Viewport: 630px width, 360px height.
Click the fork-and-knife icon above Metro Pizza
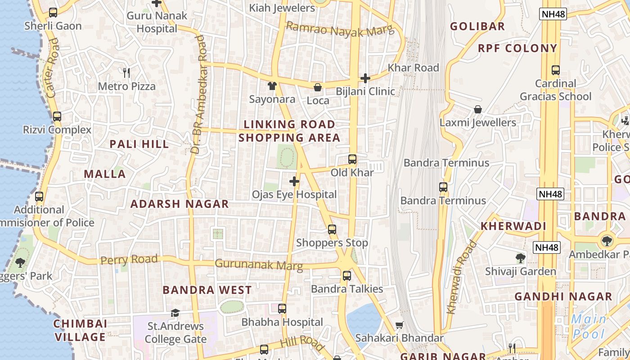[126, 72]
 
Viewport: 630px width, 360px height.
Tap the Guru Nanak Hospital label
[157, 22]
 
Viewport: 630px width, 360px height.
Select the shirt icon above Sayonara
[272, 85]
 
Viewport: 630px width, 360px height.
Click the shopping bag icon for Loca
[318, 87]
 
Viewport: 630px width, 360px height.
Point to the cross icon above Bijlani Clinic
[365, 78]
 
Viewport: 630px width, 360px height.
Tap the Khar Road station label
[413, 68]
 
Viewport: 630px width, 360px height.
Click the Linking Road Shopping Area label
[289, 131]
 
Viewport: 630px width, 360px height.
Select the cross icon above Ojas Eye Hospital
[294, 181]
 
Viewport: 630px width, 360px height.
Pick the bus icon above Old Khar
[352, 159]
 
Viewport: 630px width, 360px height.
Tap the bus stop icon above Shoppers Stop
[332, 229]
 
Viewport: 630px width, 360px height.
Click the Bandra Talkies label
[347, 289]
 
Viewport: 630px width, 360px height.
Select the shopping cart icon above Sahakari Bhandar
[399, 325]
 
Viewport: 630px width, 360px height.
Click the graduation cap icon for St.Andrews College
[175, 313]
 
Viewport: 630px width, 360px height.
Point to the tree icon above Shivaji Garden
[521, 258]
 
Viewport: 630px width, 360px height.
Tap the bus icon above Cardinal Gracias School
[556, 70]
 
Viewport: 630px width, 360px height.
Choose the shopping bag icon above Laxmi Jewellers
[478, 109]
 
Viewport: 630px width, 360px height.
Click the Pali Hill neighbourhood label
[139, 144]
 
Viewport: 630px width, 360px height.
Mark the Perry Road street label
[129, 260]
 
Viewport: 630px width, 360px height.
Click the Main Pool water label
[589, 326]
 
